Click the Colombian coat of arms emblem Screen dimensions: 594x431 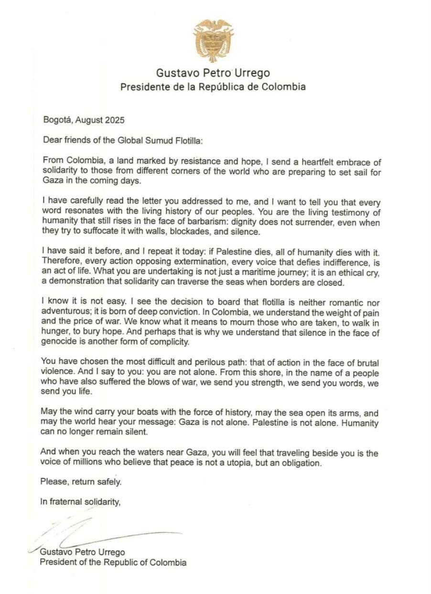coord(213,40)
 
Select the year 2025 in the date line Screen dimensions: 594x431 coord(115,121)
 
